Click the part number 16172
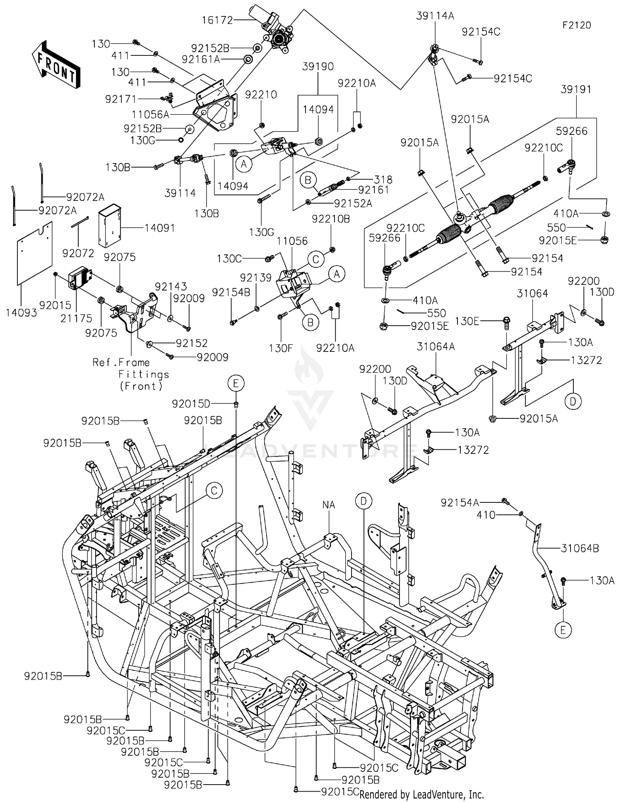click(x=217, y=20)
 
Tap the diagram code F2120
click(x=577, y=25)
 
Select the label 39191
click(x=576, y=89)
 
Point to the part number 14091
click(x=159, y=228)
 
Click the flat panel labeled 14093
click(x=35, y=253)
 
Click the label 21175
click(x=77, y=318)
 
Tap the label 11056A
click(x=151, y=114)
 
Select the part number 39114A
click(x=435, y=16)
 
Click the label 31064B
click(x=580, y=548)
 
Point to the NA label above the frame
click(x=329, y=505)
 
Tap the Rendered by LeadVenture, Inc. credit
click(x=421, y=795)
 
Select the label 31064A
click(x=436, y=346)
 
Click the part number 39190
click(x=318, y=66)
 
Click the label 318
click(x=383, y=180)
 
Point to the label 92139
click(x=256, y=277)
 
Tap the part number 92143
click(x=171, y=286)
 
